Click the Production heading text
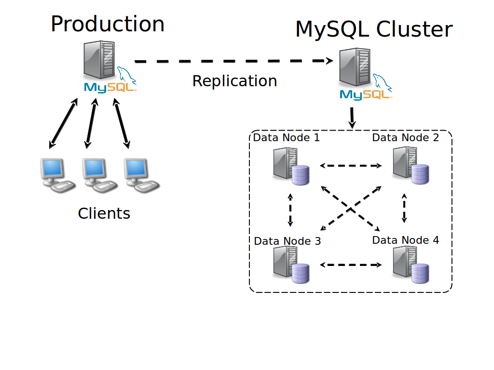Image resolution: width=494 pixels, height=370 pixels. pyautogui.click(x=107, y=24)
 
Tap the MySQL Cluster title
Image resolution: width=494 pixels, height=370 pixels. pyautogui.click(x=374, y=30)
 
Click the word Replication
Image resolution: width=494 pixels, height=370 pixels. pyautogui.click(x=234, y=81)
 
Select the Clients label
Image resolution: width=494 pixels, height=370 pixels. pyautogui.click(x=104, y=213)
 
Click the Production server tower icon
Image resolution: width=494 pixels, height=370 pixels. pyautogui.click(x=99, y=59)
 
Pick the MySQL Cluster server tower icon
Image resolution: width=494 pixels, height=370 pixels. pyautogui.click(x=355, y=66)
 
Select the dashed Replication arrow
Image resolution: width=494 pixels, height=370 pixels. pyautogui.click(x=233, y=61)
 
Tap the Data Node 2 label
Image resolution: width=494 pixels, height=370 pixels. pyautogui.click(x=406, y=138)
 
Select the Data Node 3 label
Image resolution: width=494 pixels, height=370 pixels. pyautogui.click(x=287, y=241)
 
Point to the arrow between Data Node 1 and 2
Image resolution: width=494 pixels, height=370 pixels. pyautogui.click(x=351, y=166)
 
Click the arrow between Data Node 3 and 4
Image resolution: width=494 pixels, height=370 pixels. pyautogui.click(x=351, y=264)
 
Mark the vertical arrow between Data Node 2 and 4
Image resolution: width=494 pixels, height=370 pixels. pyautogui.click(x=404, y=208)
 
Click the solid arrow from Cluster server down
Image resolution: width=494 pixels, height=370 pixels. pyautogui.click(x=352, y=117)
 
